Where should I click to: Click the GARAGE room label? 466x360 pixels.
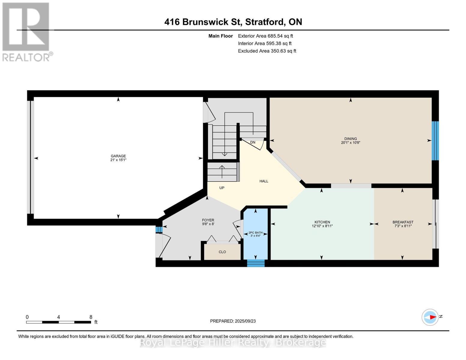pos(118,156)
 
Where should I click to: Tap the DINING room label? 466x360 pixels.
pos(350,139)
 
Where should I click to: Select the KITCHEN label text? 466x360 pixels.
pos(322,222)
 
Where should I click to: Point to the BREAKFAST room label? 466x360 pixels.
pos(403,222)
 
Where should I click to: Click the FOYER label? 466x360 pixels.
pos(208,220)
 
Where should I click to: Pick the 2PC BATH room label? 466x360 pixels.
pos(255,232)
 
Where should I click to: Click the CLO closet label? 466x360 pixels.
pos(222,252)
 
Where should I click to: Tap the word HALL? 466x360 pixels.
pos(264,181)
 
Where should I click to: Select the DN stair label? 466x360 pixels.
pos(253,142)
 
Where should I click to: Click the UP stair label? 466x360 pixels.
pos(222,188)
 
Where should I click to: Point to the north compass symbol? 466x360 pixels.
pos(430,317)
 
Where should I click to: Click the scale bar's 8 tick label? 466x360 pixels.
pos(91,317)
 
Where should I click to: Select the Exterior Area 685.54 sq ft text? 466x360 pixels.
pos(265,36)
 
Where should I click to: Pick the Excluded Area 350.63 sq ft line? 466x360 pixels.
pos(267,51)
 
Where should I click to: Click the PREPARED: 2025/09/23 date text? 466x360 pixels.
pos(233,321)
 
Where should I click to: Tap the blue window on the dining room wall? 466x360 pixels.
pos(435,141)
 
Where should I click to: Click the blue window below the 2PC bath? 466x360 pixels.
pos(256,263)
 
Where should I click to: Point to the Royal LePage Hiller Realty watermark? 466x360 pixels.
pos(233,342)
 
